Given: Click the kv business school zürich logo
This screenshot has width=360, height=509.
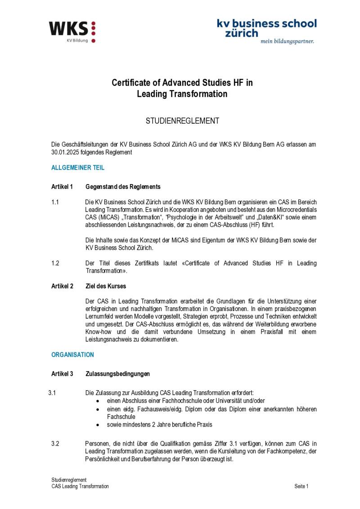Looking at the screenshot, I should point(266,28).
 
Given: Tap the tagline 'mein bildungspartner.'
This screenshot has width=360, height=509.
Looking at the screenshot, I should point(287,41).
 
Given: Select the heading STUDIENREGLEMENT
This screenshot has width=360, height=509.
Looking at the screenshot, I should point(182,121).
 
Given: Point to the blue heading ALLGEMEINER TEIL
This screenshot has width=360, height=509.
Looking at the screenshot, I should point(78,167).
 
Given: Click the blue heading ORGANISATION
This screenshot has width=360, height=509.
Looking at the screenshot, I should point(72,355).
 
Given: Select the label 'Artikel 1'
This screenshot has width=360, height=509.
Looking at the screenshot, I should point(62,186).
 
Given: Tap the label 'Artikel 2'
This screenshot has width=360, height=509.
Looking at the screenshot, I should point(62,286).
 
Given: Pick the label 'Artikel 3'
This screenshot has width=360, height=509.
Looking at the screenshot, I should point(62,374).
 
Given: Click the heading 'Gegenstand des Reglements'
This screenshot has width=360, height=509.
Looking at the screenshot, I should point(123,186).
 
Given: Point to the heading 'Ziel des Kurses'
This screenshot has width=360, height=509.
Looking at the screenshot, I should point(106,286).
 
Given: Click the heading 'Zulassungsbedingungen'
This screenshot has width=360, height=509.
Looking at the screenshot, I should point(117,374).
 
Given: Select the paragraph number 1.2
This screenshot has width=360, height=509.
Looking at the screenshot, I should point(55,263).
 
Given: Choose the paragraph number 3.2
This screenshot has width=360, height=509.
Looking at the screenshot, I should point(55,444).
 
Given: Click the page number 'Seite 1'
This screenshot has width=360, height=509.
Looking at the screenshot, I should point(301,486).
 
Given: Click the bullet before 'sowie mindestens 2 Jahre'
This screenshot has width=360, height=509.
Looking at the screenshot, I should point(98,424).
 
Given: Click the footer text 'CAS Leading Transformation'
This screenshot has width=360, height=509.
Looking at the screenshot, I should point(80,486).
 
